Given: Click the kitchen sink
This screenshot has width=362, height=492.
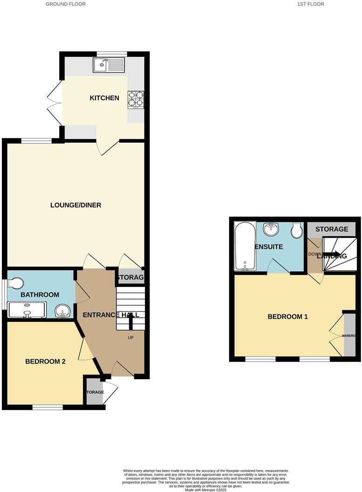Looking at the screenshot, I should (x=109, y=65).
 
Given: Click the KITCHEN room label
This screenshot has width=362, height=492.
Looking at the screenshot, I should (x=104, y=98).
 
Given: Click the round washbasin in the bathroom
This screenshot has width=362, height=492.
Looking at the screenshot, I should (x=61, y=310).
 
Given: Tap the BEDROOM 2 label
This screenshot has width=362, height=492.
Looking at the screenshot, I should (x=45, y=362).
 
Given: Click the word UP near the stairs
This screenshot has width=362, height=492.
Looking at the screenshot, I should (x=131, y=337).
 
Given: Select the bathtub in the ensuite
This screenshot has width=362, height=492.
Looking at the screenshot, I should (x=245, y=246).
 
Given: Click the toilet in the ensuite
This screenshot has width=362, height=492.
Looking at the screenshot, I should (x=296, y=230).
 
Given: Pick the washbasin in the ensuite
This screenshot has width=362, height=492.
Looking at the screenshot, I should (x=270, y=229).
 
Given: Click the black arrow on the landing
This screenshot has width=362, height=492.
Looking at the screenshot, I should (x=332, y=254).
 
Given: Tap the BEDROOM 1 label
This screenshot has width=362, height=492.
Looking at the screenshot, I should (x=288, y=317).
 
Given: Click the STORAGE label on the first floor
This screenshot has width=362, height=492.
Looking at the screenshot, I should (x=332, y=229).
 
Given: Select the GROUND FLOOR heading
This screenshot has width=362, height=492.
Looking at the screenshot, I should (x=66, y=4).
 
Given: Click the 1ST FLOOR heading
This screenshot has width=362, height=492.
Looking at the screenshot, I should (x=311, y=4).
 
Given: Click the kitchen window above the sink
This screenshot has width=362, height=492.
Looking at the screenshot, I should (x=111, y=53).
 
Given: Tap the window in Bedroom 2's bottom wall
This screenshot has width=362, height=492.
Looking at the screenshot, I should (x=48, y=407).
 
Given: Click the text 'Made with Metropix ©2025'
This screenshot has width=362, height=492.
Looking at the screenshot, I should (x=205, y=490).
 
